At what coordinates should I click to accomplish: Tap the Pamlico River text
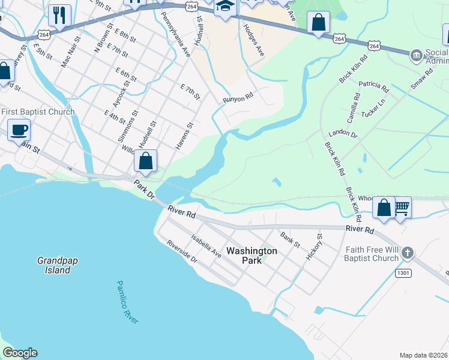click(x=127, y=302)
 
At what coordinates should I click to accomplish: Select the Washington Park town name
click(x=252, y=256)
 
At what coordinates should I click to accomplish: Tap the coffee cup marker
click(x=19, y=129)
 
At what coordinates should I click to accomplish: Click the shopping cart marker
click(x=401, y=207)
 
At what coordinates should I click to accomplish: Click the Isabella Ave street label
click(x=206, y=246)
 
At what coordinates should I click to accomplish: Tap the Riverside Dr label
click(x=182, y=252)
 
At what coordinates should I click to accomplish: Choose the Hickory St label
click(x=315, y=247)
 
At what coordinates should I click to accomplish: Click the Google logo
click(x=20, y=353)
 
